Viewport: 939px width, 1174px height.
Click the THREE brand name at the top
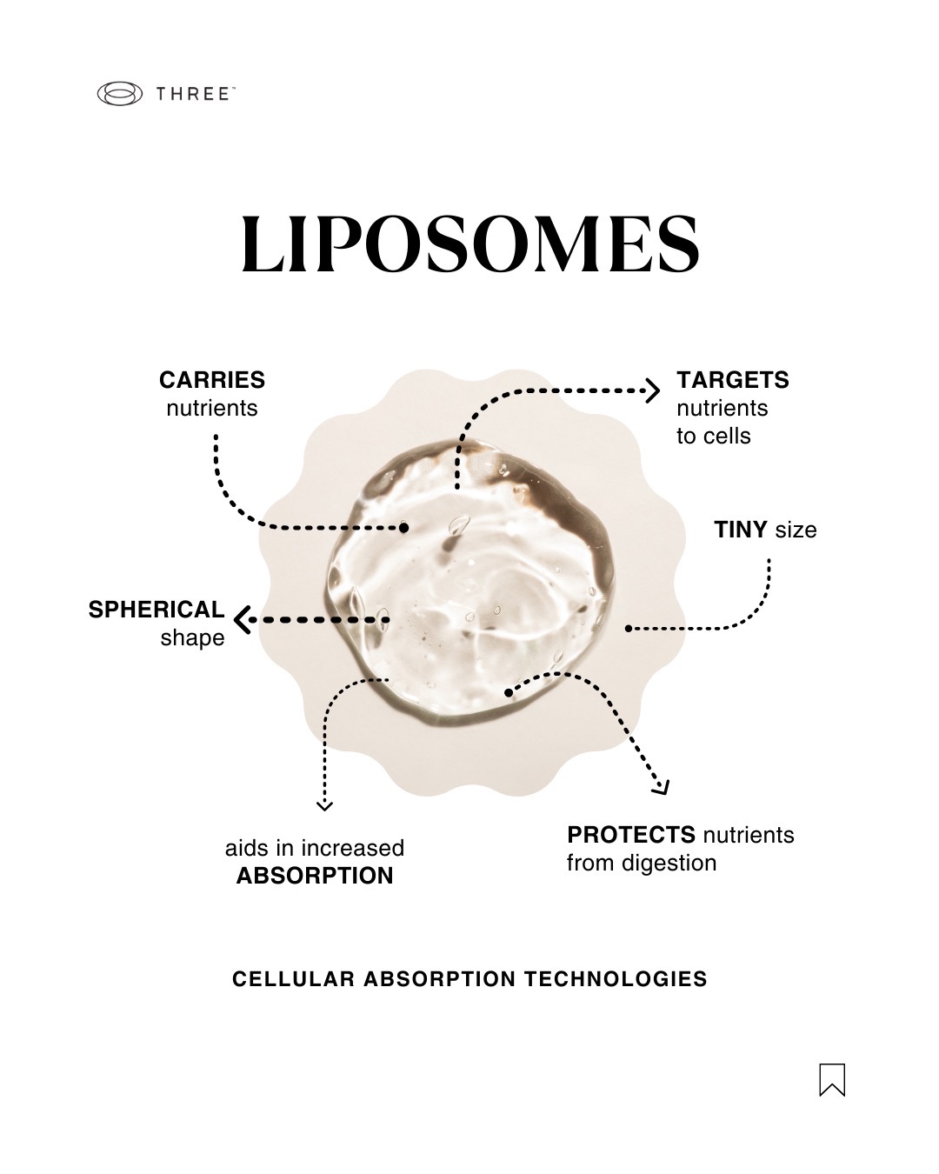coord(192,94)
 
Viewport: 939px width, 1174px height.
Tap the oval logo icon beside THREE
coord(119,94)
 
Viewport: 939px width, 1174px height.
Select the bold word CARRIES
coord(212,380)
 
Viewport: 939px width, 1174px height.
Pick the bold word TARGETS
coord(733,380)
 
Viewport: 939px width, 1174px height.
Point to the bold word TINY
coord(741,530)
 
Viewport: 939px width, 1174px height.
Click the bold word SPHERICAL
coord(156,609)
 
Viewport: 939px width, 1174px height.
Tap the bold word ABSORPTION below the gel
coord(315,876)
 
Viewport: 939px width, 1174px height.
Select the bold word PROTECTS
coord(631,835)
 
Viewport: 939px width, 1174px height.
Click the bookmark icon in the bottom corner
coord(832,1079)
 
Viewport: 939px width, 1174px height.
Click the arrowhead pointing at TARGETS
coord(652,391)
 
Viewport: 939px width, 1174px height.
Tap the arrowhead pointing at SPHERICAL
coord(242,620)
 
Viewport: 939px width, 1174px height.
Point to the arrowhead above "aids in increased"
coord(324,805)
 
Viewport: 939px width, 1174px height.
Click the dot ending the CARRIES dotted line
coord(404,528)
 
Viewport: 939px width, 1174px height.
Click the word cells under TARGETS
coord(728,436)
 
